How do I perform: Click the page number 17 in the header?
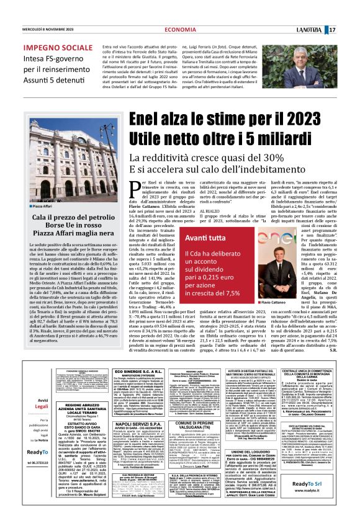(349, 12)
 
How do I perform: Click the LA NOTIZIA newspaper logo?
(323, 12)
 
